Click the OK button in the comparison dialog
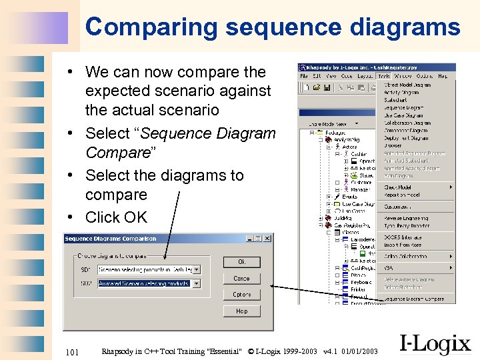241,262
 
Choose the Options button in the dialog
241,294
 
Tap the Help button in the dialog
241,311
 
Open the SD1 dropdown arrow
197,269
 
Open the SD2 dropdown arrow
197,283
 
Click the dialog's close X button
268,239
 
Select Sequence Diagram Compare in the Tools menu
414,299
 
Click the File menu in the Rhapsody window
303,77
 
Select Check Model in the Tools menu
399,187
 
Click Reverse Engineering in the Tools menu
406,218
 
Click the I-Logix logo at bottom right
435,344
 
